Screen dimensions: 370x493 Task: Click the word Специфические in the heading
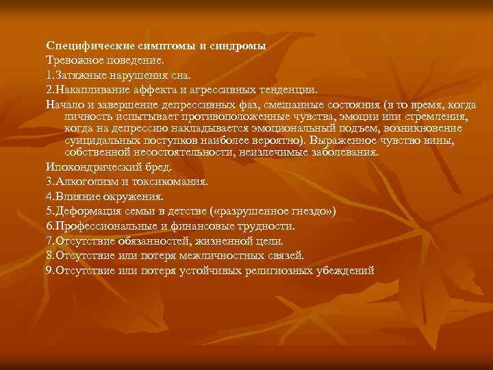pyautogui.click(x=81, y=46)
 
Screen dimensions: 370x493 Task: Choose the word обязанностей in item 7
pyautogui.click(x=150, y=241)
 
